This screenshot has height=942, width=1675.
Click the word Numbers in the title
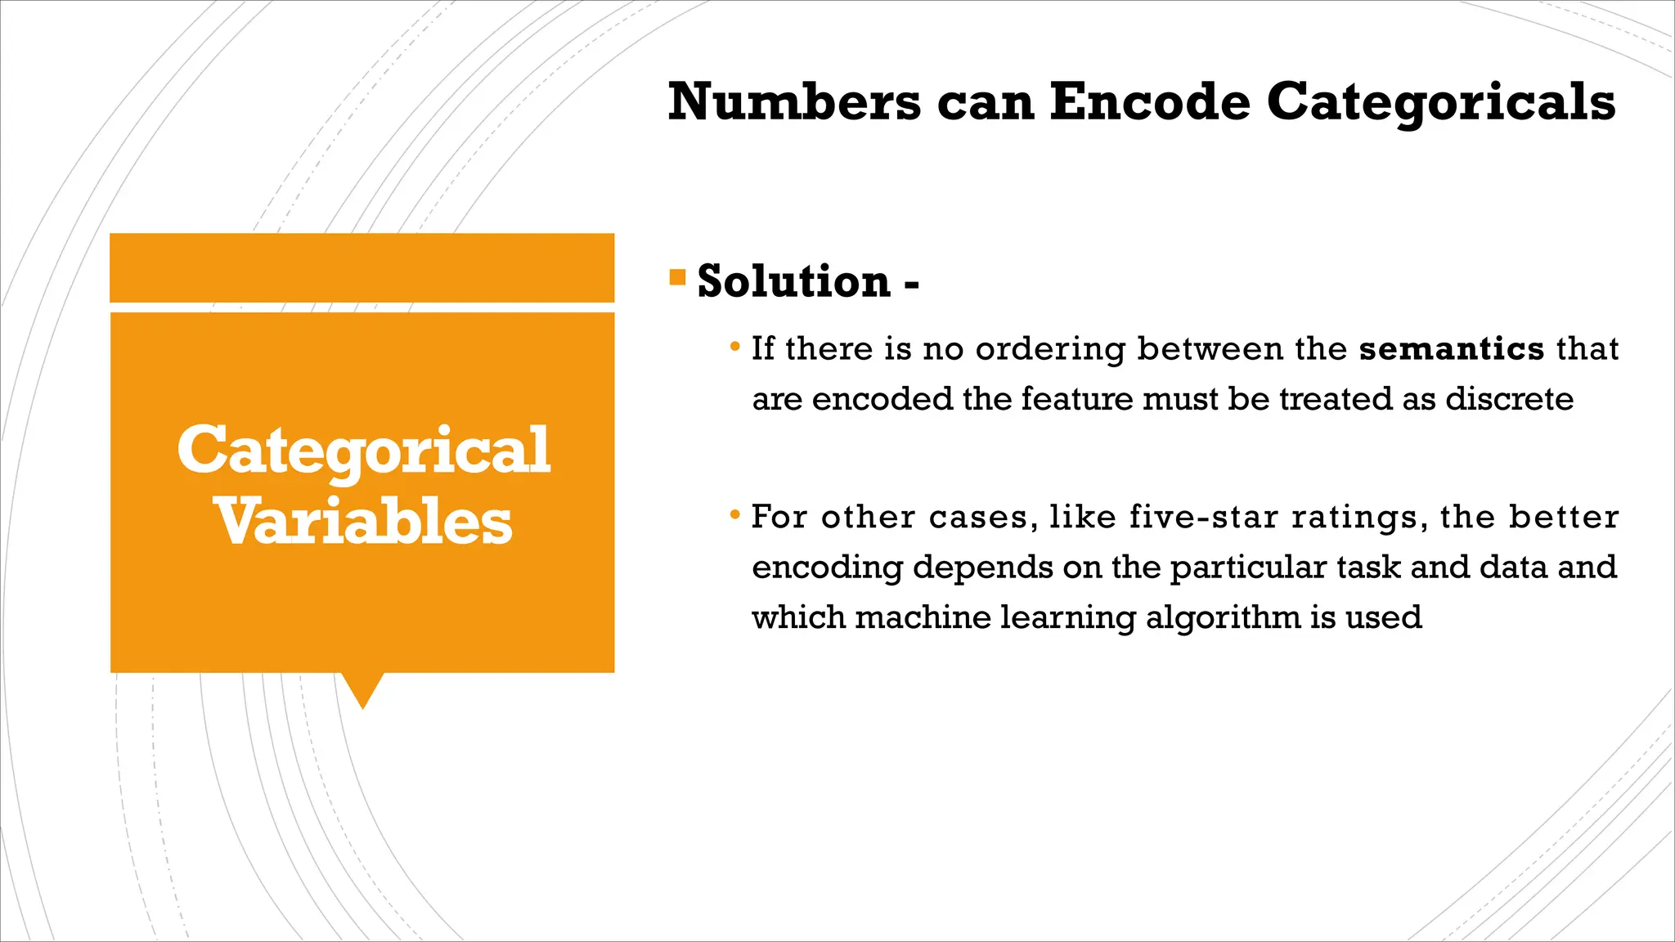pyautogui.click(x=794, y=102)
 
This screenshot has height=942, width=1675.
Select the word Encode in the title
pyautogui.click(x=1149, y=102)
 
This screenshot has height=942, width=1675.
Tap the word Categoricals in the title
pyautogui.click(x=1440, y=102)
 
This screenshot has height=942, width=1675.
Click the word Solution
pyautogui.click(x=793, y=281)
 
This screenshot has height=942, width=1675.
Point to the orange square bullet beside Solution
pyautogui.click(x=677, y=276)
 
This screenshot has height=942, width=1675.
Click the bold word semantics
pyautogui.click(x=1451, y=349)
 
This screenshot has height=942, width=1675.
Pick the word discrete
pyautogui.click(x=1509, y=399)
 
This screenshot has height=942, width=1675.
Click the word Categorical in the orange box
pyautogui.click(x=363, y=451)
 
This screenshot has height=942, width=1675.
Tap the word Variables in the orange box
pyautogui.click(x=363, y=522)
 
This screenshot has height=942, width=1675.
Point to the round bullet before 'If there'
pyautogui.click(x=735, y=347)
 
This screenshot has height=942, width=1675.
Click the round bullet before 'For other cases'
pyautogui.click(x=735, y=515)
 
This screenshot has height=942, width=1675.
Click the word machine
pyautogui.click(x=923, y=617)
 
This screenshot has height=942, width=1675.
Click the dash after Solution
pyautogui.click(x=911, y=285)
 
